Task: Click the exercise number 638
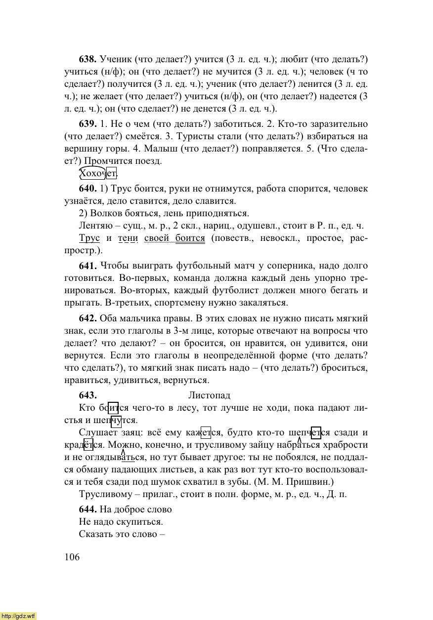pos(87,59)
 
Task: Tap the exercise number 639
pos(87,123)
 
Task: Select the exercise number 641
pos(87,266)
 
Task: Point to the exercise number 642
pos(87,318)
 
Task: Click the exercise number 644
pos(87,509)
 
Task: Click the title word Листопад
pos(209,395)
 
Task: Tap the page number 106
pos(72,557)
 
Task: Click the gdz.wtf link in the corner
pos(18,616)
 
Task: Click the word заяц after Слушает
pos(123,433)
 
